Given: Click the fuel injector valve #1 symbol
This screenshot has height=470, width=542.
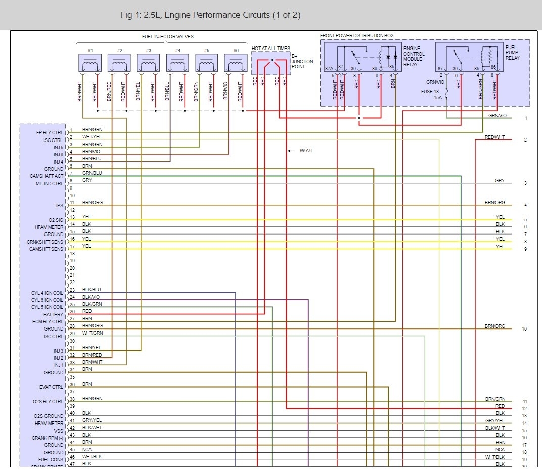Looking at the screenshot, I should [90, 63].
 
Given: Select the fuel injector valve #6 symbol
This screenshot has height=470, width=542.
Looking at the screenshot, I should [236, 63].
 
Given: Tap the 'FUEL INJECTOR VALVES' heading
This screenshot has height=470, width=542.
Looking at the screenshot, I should [167, 37].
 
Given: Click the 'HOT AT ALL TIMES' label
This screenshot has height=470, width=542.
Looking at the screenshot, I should [271, 48].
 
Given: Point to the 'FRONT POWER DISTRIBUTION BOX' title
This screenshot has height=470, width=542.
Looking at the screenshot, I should [357, 36].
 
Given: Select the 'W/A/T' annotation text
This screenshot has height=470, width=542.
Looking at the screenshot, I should [306, 151].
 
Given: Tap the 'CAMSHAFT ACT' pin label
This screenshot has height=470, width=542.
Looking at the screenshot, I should [47, 176].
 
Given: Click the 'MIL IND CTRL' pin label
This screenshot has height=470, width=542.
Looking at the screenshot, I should [47, 184].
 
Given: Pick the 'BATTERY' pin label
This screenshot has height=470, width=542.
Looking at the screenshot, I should [54, 315].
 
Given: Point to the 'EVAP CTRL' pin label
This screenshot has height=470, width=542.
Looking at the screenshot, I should [52, 387].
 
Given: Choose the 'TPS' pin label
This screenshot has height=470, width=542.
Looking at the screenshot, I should [59, 206].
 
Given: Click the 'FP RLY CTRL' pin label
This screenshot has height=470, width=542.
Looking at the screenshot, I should [50, 132].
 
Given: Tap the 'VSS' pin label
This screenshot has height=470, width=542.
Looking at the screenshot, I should [59, 431].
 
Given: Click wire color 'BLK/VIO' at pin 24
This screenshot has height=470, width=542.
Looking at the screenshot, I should [91, 297].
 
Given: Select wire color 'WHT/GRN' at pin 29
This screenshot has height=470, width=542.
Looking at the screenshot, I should [93, 333].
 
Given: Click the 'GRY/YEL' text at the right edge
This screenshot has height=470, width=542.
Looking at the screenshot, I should [495, 421].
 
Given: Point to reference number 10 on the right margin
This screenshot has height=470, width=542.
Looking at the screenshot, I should [525, 329].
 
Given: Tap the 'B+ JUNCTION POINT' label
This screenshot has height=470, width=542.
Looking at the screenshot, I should [302, 61].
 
